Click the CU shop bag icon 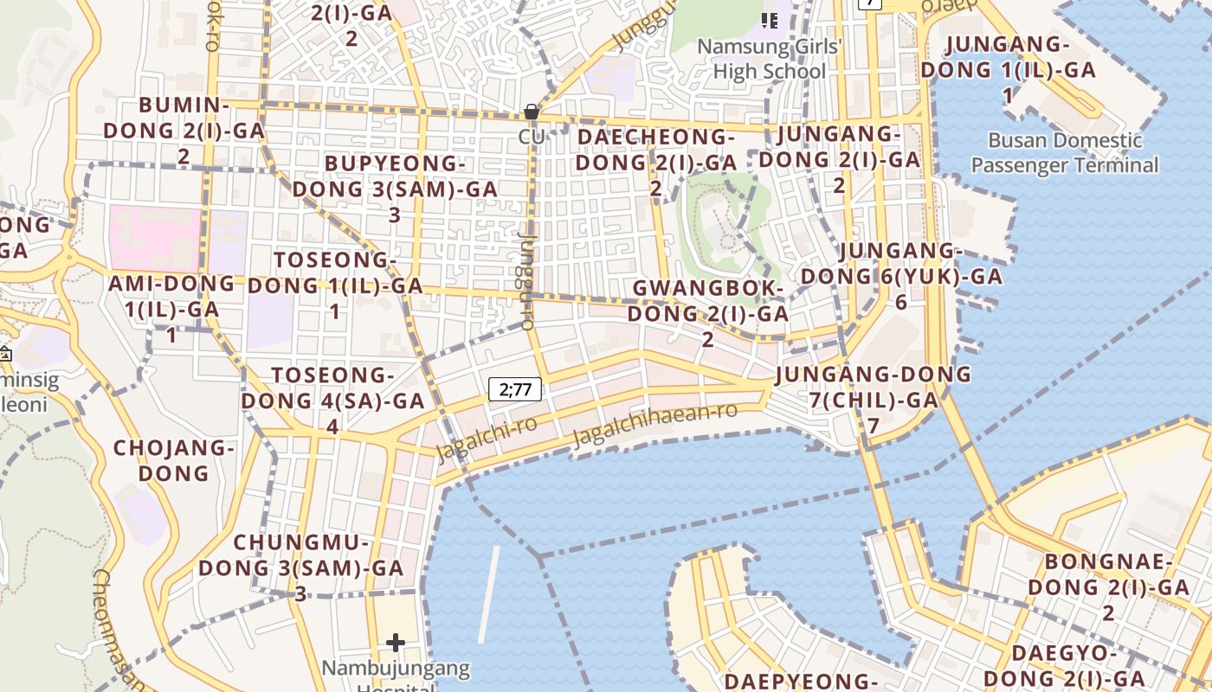point(532,112)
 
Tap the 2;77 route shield point(515,389)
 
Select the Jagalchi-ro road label point(486,438)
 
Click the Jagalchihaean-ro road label point(654,423)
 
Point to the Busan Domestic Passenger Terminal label point(1064,152)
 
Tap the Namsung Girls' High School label point(770,58)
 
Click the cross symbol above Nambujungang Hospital point(396,642)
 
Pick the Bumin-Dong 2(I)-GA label point(184,131)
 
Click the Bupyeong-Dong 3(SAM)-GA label point(395,189)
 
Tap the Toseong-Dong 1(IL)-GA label point(335,285)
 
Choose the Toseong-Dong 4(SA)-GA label point(333,400)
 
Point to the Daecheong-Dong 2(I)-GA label point(656,162)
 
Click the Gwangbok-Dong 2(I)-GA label point(708,312)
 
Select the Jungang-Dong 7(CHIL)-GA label point(874,399)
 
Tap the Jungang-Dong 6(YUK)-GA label point(900,276)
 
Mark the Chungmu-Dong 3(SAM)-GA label point(301,567)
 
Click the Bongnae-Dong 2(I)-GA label point(1108,586)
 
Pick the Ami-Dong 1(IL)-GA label point(171,308)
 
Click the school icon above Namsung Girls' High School point(770,20)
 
